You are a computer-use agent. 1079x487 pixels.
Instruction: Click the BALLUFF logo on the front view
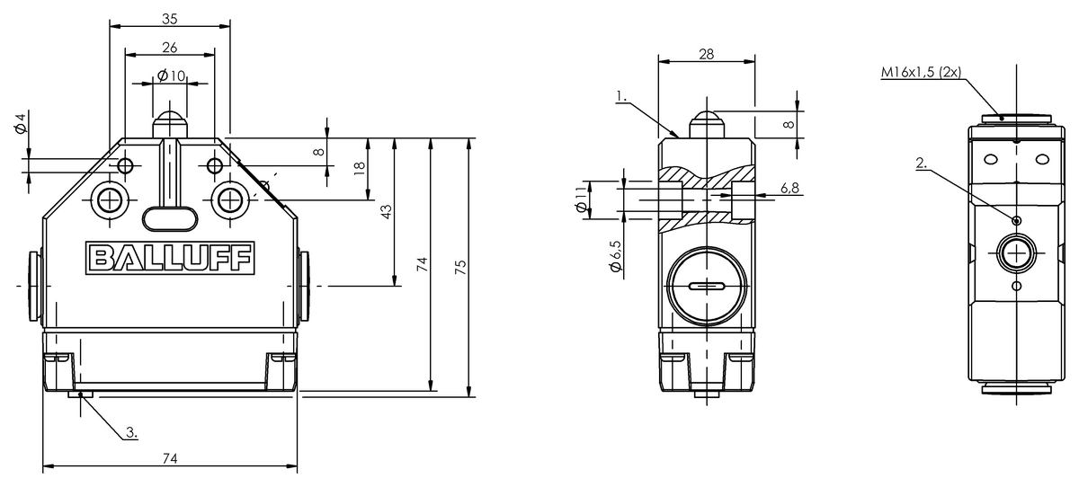point(169,258)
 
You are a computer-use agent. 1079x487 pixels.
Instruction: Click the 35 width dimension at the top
point(170,16)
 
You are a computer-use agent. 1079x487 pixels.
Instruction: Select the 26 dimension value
point(170,47)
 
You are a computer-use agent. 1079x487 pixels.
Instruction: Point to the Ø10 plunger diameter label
point(171,76)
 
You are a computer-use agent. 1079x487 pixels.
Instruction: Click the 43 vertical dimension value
point(387,210)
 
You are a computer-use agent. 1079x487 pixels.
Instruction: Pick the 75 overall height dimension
point(461,267)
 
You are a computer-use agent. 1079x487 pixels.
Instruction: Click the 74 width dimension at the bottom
point(169,458)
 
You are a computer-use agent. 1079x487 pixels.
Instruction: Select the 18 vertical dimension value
point(360,167)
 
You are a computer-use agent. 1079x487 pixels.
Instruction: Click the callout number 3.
point(131,433)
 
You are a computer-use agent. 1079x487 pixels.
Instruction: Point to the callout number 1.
point(620,93)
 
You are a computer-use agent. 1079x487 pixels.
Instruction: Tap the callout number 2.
point(920,163)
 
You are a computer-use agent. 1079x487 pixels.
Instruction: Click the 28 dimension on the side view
point(706,54)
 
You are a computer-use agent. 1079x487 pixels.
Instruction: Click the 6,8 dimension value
point(790,188)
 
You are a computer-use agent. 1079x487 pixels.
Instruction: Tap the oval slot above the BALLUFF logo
point(171,215)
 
